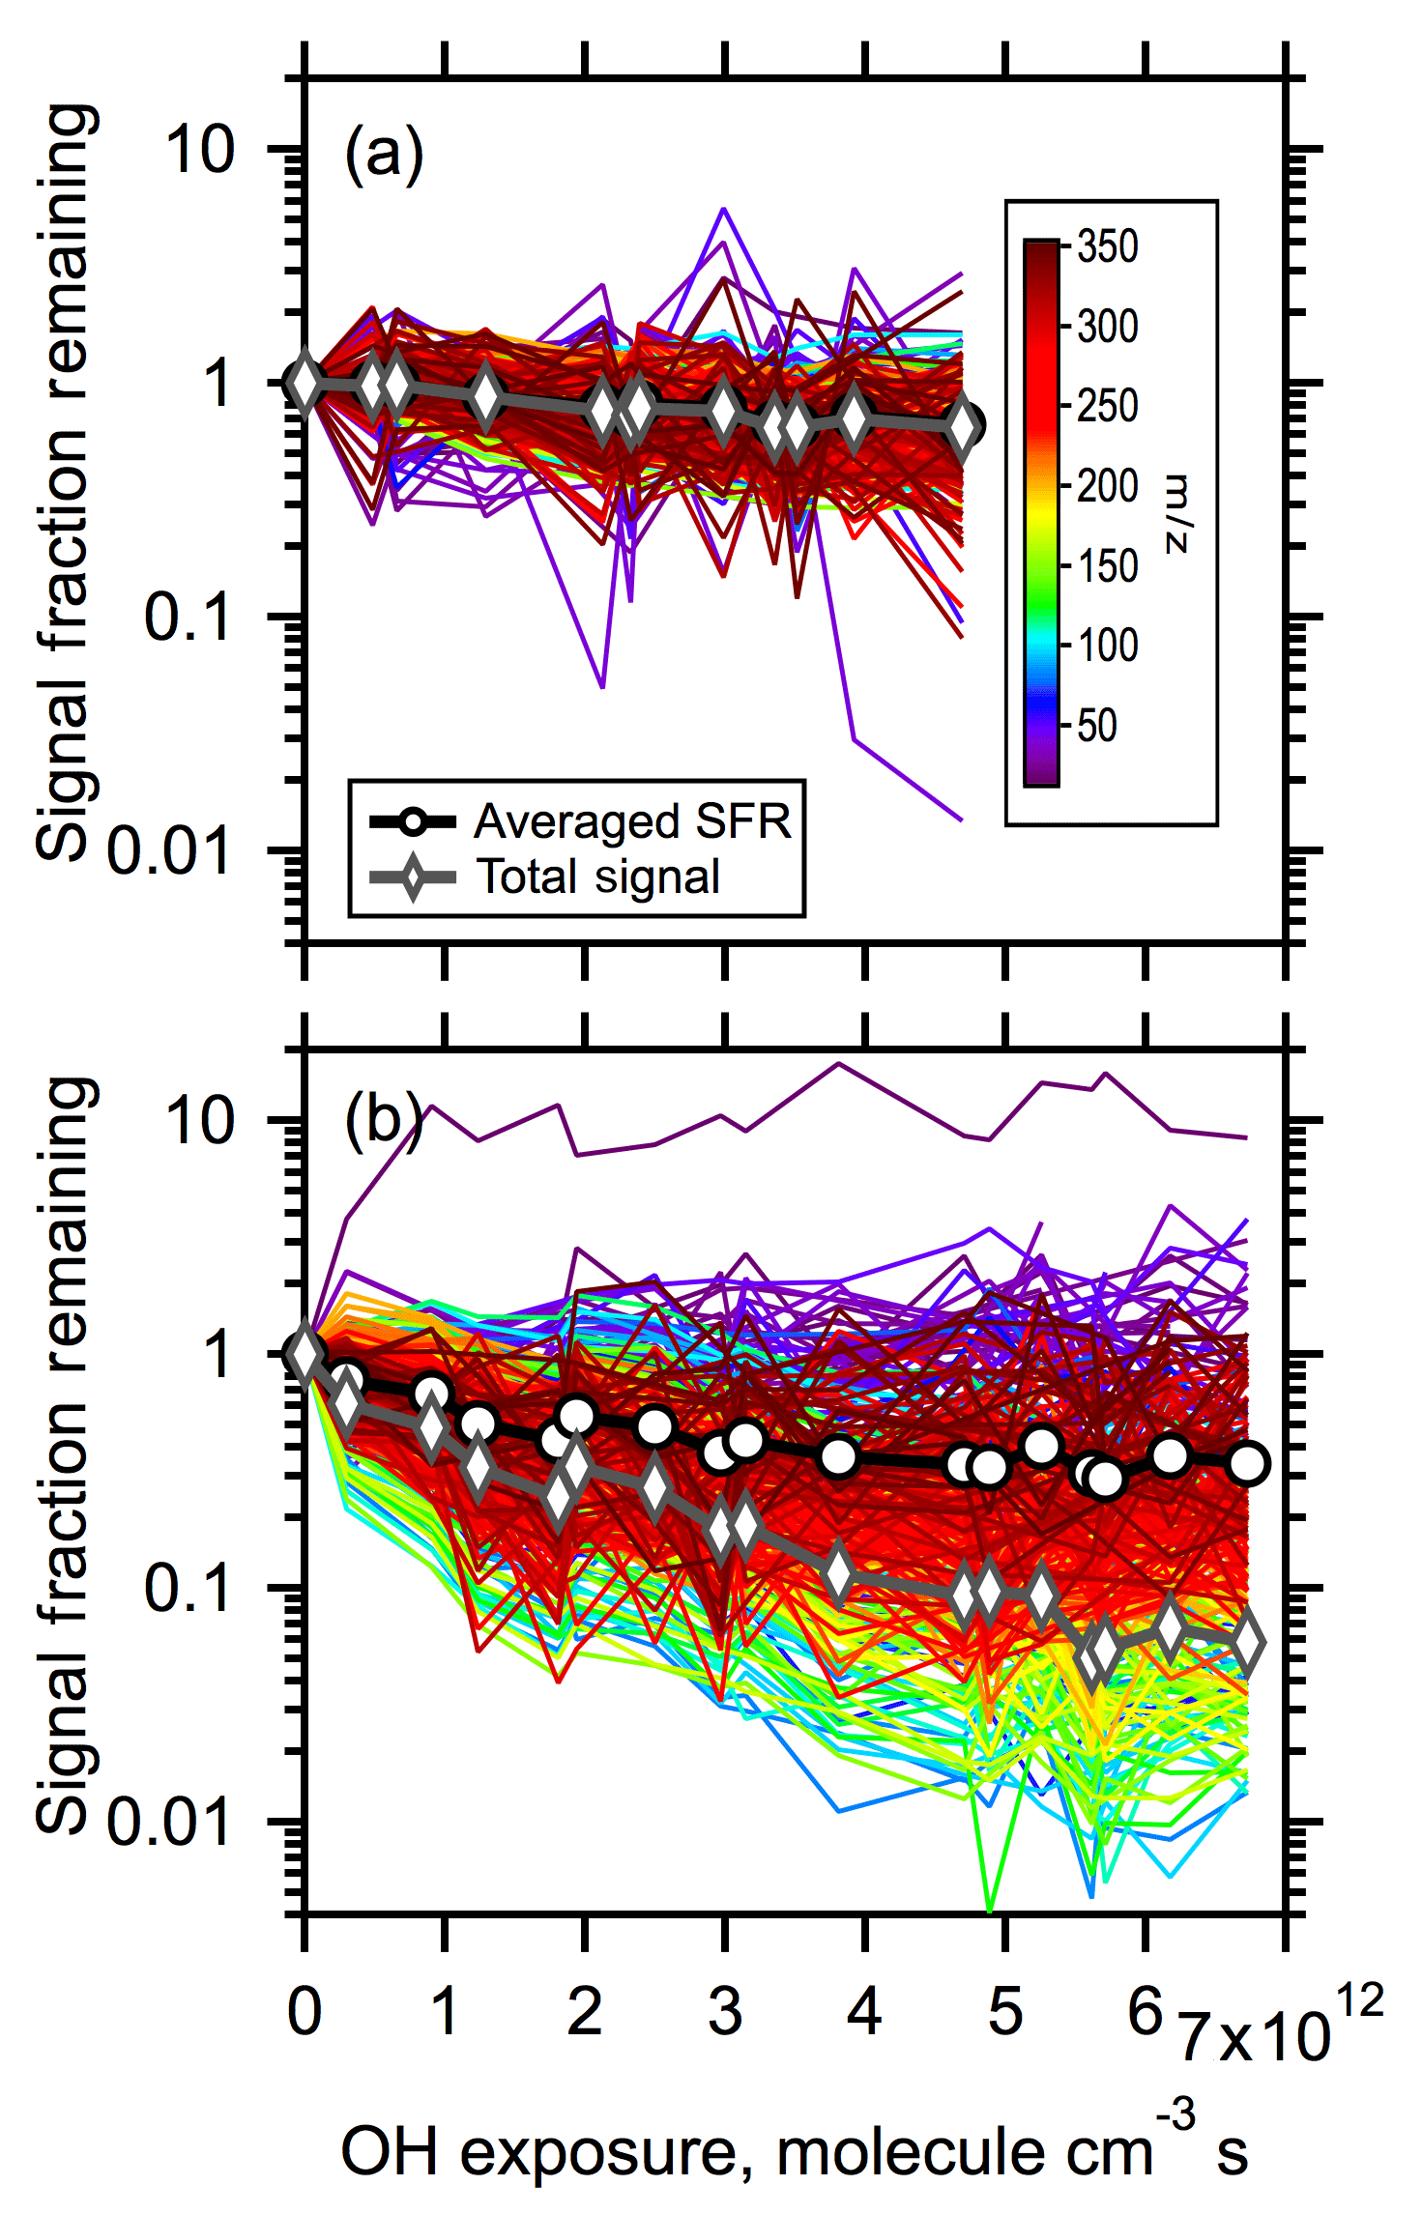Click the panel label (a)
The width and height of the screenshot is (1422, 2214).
click(x=384, y=155)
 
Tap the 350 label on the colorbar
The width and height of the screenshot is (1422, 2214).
click(x=1108, y=247)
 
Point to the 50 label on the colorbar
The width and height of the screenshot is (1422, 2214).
click(x=1097, y=726)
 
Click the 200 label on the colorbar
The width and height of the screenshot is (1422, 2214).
click(x=1108, y=486)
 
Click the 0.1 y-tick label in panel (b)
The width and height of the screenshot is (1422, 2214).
click(x=189, y=1588)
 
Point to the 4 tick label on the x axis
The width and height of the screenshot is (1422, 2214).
click(x=864, y=2013)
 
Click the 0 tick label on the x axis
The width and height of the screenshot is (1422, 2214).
click(x=305, y=2013)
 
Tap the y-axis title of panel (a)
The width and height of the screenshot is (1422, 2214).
click(x=66, y=483)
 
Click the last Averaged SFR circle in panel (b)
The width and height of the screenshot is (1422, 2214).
click(x=1247, y=1463)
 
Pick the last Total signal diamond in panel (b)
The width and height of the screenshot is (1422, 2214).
click(x=1247, y=1642)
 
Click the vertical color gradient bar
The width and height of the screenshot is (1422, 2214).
click(x=1041, y=513)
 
